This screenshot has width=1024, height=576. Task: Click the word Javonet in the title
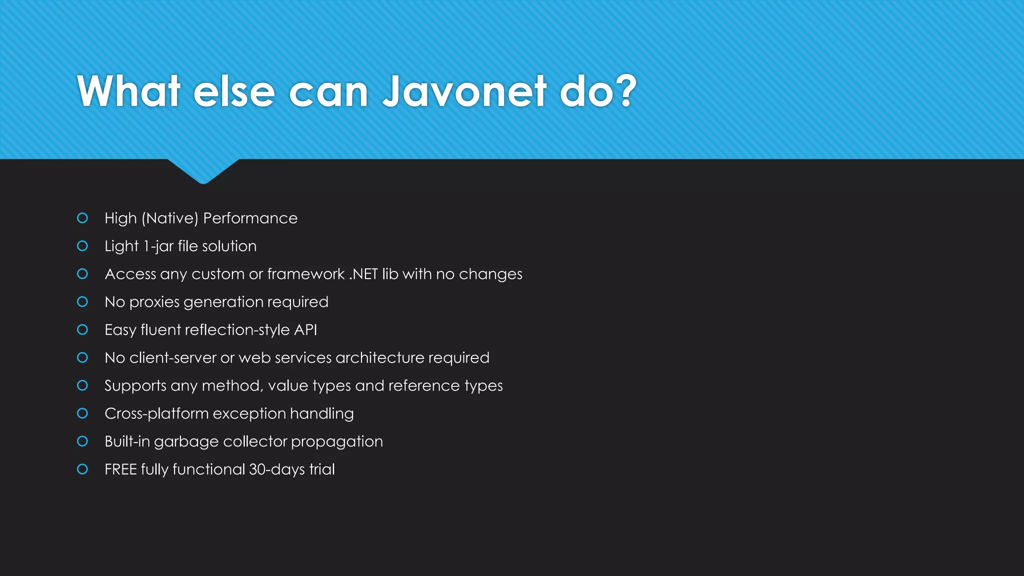tap(464, 91)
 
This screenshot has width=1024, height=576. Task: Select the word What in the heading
tap(128, 91)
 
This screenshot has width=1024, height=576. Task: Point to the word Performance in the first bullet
tap(250, 218)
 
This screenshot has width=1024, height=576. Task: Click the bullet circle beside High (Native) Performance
tap(82, 218)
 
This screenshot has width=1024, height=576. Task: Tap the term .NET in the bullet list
tap(363, 274)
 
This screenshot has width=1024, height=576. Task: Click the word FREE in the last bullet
tap(120, 469)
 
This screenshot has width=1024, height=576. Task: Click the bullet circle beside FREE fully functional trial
tap(82, 469)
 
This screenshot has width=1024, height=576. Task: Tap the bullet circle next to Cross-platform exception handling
tap(82, 413)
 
